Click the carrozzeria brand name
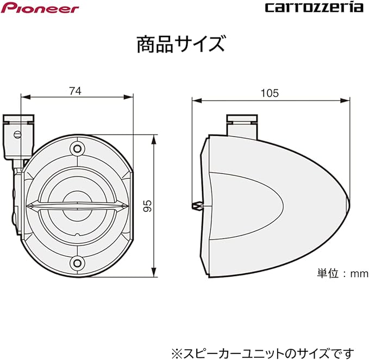[x=314, y=8]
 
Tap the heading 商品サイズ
[x=180, y=43]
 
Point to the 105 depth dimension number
[x=269, y=93]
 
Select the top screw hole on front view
[x=77, y=148]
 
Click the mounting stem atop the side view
[x=240, y=126]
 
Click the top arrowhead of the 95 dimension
[x=154, y=136]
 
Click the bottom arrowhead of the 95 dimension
[x=154, y=275]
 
